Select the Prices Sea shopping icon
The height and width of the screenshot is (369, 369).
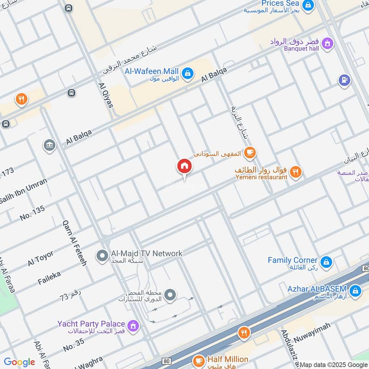(308, 6)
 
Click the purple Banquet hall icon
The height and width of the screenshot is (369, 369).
(327, 44)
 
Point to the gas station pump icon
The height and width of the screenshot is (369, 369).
(344, 80)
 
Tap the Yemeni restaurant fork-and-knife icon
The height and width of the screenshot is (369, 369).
(296, 173)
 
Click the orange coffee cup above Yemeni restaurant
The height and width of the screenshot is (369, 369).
(250, 152)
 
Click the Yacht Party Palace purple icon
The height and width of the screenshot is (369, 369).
(133, 327)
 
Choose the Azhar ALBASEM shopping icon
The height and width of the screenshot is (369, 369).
(355, 292)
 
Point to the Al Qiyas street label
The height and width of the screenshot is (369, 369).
(106, 98)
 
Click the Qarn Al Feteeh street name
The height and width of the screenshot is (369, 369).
(75, 243)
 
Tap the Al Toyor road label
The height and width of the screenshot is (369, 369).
(41, 258)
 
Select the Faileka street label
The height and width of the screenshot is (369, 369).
(50, 278)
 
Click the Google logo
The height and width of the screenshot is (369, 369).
(19, 362)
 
